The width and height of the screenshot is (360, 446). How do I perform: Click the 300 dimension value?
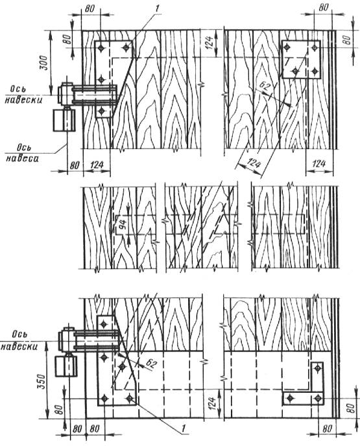click(44, 62)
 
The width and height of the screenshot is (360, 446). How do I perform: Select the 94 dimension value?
click(121, 224)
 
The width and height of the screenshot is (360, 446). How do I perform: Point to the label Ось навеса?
click(22, 154)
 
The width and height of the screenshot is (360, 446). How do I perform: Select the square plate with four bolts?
click(301, 59)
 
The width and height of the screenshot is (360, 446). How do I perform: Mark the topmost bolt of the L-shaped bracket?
click(317, 369)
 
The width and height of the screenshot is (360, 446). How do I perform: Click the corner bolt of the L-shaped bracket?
click(317, 398)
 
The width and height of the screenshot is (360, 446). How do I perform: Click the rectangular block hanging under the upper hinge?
click(64, 120)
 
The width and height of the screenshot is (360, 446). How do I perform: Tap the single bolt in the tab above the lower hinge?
click(103, 323)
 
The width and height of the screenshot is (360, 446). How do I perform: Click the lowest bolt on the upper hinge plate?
click(102, 110)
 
